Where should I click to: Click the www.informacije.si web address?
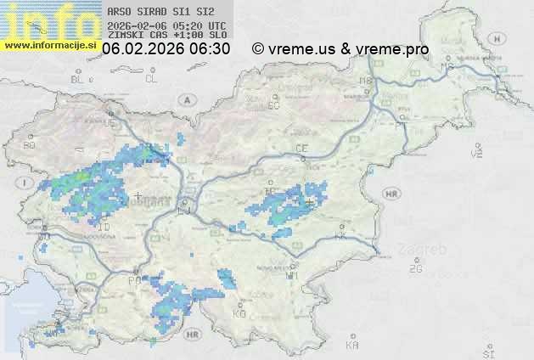coord(51,45)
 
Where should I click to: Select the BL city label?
coord(80,79)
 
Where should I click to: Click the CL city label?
coord(151,79)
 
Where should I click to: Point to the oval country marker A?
coord(185,99)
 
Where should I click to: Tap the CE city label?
coord(301,148)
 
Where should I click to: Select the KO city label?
coord(239,313)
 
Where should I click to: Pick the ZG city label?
coord(415,269)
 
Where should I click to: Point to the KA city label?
coord(352,346)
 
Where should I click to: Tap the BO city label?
coord(30,145)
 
